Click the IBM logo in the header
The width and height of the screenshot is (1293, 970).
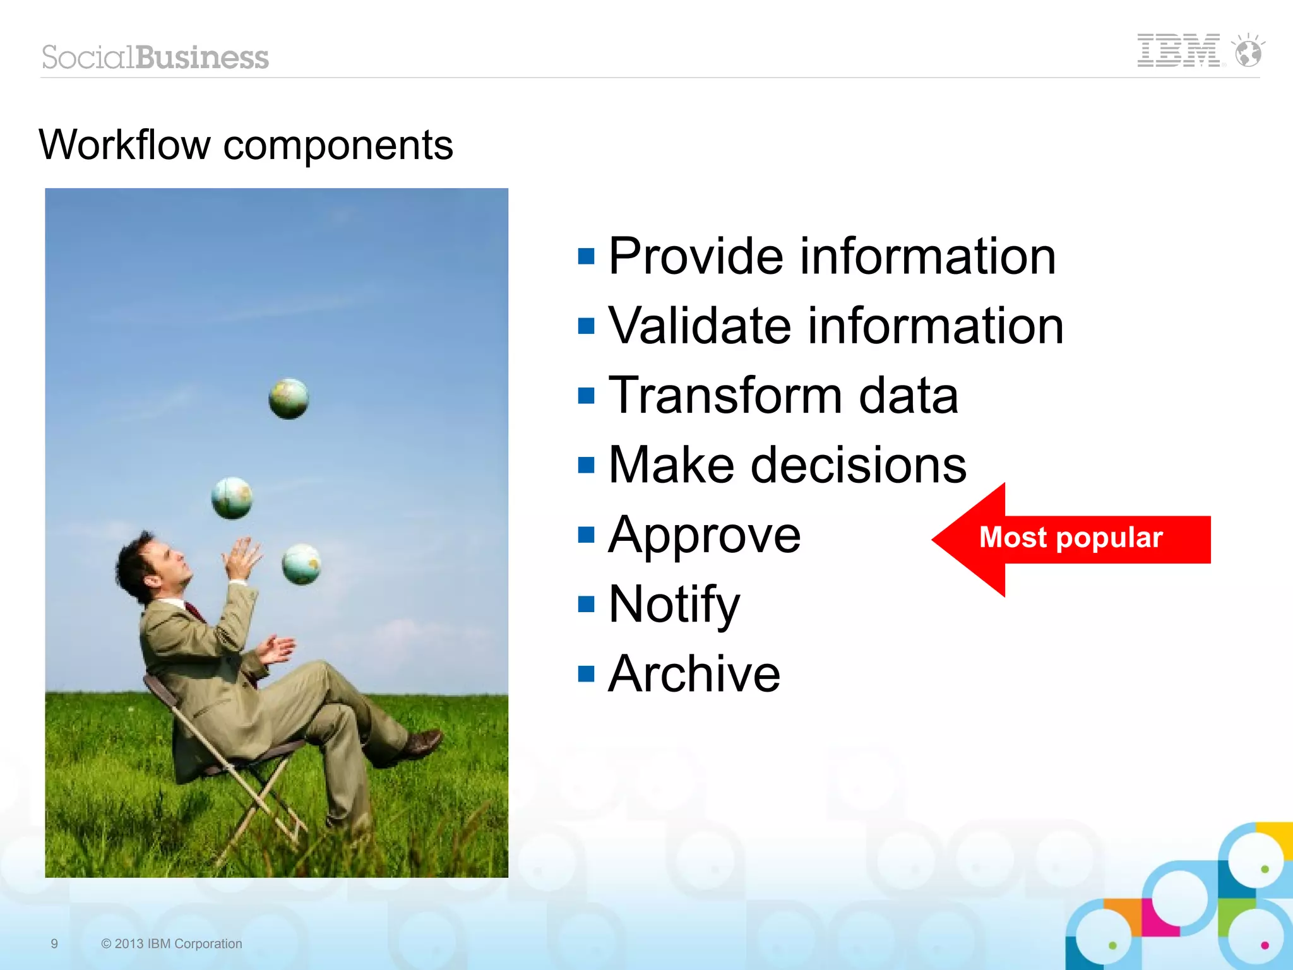[x=1178, y=50]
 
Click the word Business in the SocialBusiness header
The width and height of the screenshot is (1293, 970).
[x=202, y=57]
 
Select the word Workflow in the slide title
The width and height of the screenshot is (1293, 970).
[x=124, y=145]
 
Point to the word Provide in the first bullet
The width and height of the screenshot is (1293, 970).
[x=696, y=256]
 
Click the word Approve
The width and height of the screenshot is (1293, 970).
[x=705, y=535]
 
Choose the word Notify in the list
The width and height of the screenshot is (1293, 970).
[x=674, y=605]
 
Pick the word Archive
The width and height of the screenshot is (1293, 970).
[x=694, y=674]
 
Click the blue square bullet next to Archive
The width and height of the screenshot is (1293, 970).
[x=587, y=674]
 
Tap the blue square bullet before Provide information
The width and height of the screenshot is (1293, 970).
[x=587, y=256]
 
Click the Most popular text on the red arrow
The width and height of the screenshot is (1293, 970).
[x=1071, y=538]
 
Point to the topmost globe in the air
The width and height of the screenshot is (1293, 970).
[x=289, y=399]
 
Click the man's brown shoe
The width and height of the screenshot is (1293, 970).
[x=421, y=743]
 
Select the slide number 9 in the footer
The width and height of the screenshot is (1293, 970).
[x=54, y=943]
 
